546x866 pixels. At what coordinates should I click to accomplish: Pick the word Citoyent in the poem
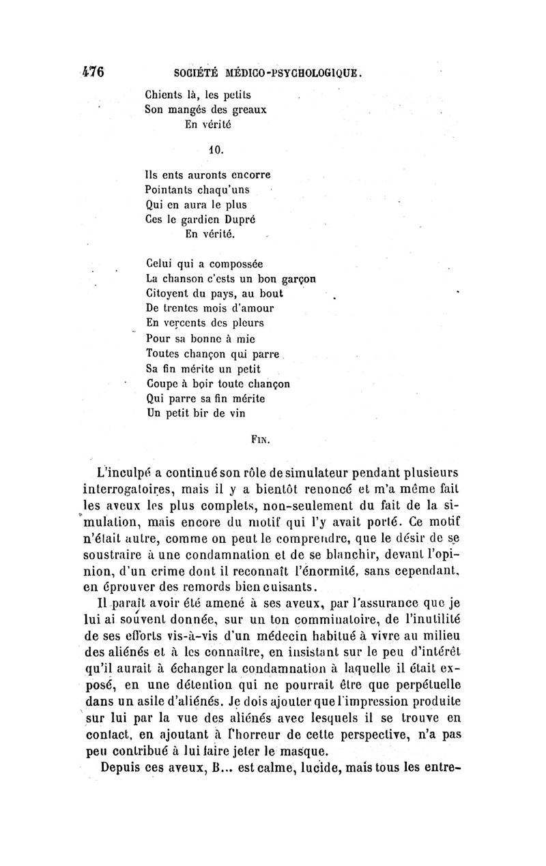coord(169,293)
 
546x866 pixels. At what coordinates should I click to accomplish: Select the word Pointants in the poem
coord(173,190)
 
